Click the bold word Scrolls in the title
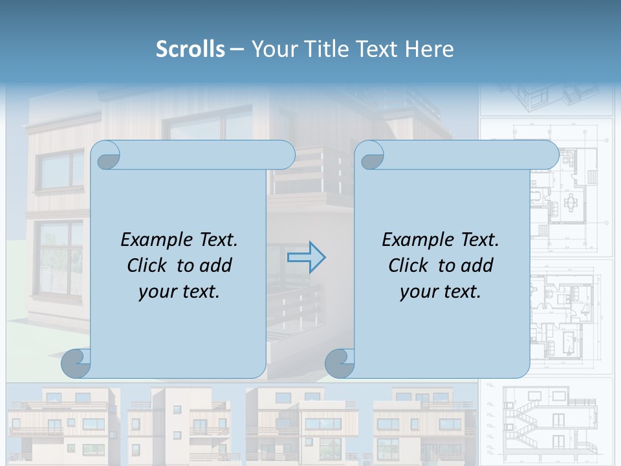pyautogui.click(x=190, y=49)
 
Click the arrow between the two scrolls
pyautogui.click(x=306, y=258)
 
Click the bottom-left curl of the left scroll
pyautogui.click(x=76, y=364)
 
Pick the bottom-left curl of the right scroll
pyautogui.click(x=340, y=364)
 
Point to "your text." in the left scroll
pyautogui.click(x=179, y=291)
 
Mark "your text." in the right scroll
pyautogui.click(x=441, y=291)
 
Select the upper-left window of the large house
pyautogui.click(x=60, y=170)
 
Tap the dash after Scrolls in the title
pyautogui.click(x=237, y=49)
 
